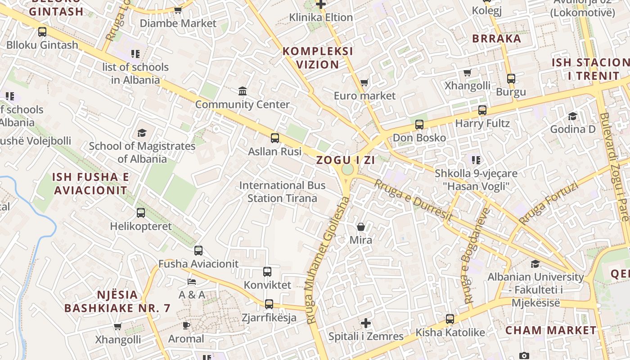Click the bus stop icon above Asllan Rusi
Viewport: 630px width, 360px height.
274,138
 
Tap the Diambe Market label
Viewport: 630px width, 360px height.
178,23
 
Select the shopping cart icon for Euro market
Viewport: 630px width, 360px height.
364,83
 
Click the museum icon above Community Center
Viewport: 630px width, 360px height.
243,91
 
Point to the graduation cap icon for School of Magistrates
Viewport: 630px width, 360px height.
142,133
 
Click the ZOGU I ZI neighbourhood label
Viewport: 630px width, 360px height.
346,160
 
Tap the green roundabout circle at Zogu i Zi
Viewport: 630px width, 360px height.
347,170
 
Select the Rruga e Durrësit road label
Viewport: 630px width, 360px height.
413,200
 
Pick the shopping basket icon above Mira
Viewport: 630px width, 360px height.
361,227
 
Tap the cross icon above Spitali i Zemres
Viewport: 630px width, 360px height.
366,323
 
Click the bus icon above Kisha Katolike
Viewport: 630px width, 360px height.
450,319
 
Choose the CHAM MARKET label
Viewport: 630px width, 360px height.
550,330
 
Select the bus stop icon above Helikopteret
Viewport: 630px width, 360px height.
141,212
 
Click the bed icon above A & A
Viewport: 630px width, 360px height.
192,282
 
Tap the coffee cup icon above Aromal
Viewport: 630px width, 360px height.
186,325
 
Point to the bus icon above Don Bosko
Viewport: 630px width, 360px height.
419,125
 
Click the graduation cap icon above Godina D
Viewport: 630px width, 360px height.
572,117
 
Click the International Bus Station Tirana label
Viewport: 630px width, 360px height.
283,192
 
